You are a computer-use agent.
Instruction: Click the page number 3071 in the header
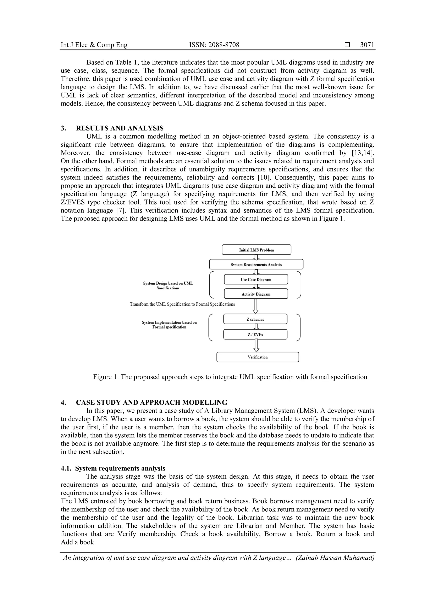tap(367, 45)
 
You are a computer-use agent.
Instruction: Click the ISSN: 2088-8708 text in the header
tap(214, 45)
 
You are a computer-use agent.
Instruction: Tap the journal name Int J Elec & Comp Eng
tap(94, 45)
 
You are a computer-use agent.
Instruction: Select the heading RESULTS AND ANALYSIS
tap(120, 128)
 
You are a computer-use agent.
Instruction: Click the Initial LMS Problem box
tap(256, 250)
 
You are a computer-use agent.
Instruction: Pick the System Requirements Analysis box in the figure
tap(256, 264)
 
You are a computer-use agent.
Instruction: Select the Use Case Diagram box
tap(256, 279)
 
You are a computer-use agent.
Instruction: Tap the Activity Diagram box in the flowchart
tap(256, 294)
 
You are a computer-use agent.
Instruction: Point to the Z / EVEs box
tap(255, 334)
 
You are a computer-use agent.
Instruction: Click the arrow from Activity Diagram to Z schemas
tap(256, 306)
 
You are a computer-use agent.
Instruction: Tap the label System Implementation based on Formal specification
tap(169, 325)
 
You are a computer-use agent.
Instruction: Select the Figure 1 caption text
tap(230, 377)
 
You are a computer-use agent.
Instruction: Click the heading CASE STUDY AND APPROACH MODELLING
tap(152, 403)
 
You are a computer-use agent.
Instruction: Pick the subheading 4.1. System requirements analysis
tap(113, 468)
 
